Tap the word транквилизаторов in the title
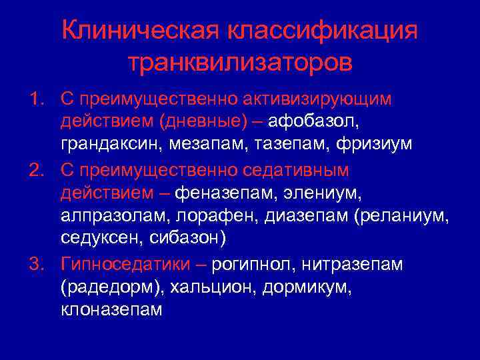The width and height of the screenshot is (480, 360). pos(240,63)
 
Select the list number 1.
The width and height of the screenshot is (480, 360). pos(35,99)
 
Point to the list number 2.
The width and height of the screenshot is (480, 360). pos(35,171)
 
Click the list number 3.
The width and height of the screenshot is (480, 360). pos(35,264)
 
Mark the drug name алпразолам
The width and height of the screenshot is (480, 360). pos(110,216)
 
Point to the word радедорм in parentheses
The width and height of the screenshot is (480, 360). pos(110,287)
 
